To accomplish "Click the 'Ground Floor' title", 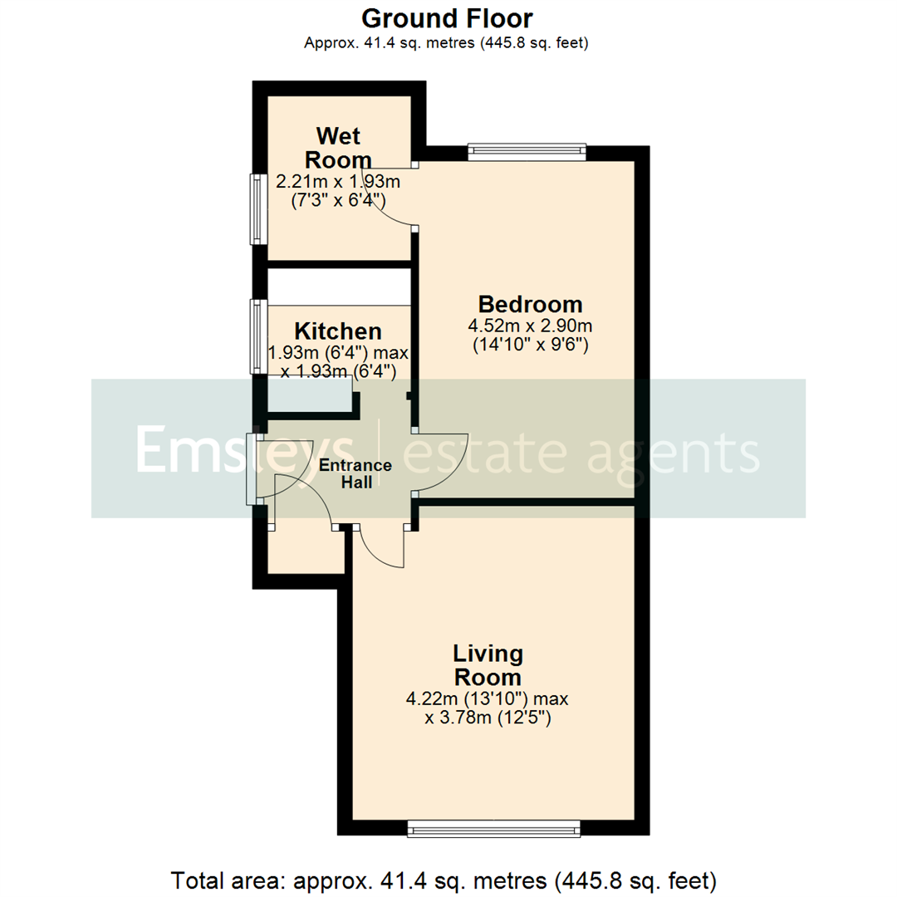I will pyautogui.click(x=448, y=17).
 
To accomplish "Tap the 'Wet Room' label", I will pyautogui.click(x=338, y=147).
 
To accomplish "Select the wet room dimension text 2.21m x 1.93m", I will pyautogui.click(x=338, y=180).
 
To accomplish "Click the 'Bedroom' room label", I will pyautogui.click(x=529, y=304).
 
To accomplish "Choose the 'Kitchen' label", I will pyautogui.click(x=339, y=331).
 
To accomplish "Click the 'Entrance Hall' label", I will pyautogui.click(x=355, y=473).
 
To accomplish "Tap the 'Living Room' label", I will pyautogui.click(x=488, y=664).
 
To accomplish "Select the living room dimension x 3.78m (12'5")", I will pyautogui.click(x=488, y=717).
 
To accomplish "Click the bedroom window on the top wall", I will pyautogui.click(x=527, y=151).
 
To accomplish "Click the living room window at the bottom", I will pyautogui.click(x=493, y=828).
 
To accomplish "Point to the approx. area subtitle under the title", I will pyautogui.click(x=448, y=43).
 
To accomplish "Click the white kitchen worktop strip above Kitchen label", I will pyautogui.click(x=339, y=287).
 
